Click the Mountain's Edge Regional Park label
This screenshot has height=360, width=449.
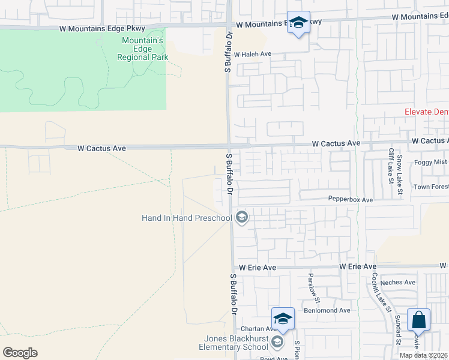(x=143, y=49)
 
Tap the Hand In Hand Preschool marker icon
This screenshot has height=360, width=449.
(x=242, y=217)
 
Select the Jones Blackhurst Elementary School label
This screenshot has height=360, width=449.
(x=234, y=343)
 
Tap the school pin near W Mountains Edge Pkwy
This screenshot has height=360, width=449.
(x=298, y=23)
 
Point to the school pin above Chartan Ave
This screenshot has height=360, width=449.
(x=283, y=318)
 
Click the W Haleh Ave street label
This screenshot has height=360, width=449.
(x=253, y=54)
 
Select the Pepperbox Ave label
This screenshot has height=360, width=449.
(x=351, y=199)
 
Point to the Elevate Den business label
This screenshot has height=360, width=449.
(x=426, y=112)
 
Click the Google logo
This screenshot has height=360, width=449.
(x=20, y=353)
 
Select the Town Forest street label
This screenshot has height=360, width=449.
(x=430, y=187)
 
